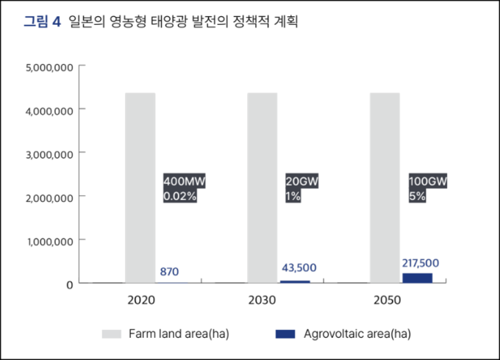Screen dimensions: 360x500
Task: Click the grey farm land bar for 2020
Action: [x=140, y=187]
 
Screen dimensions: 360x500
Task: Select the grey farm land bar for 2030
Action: [x=262, y=187]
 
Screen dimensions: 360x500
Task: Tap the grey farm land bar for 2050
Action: [x=384, y=187]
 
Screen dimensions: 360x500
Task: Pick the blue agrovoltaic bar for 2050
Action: [x=417, y=278]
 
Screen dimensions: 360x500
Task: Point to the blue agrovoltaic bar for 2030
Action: [x=295, y=281]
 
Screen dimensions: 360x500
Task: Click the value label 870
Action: [x=169, y=272]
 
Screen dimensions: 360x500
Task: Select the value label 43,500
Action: [x=299, y=268]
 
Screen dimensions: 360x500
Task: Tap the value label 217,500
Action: [x=421, y=262]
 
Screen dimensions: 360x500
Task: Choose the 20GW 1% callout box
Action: [x=301, y=189]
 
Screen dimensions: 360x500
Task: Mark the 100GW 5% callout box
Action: [x=427, y=189]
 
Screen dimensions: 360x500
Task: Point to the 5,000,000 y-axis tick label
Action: [x=49, y=68]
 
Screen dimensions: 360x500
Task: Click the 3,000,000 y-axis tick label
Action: [x=49, y=154]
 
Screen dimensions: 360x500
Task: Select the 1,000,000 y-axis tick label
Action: [x=49, y=240]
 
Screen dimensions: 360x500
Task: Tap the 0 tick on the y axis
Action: [x=69, y=284]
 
